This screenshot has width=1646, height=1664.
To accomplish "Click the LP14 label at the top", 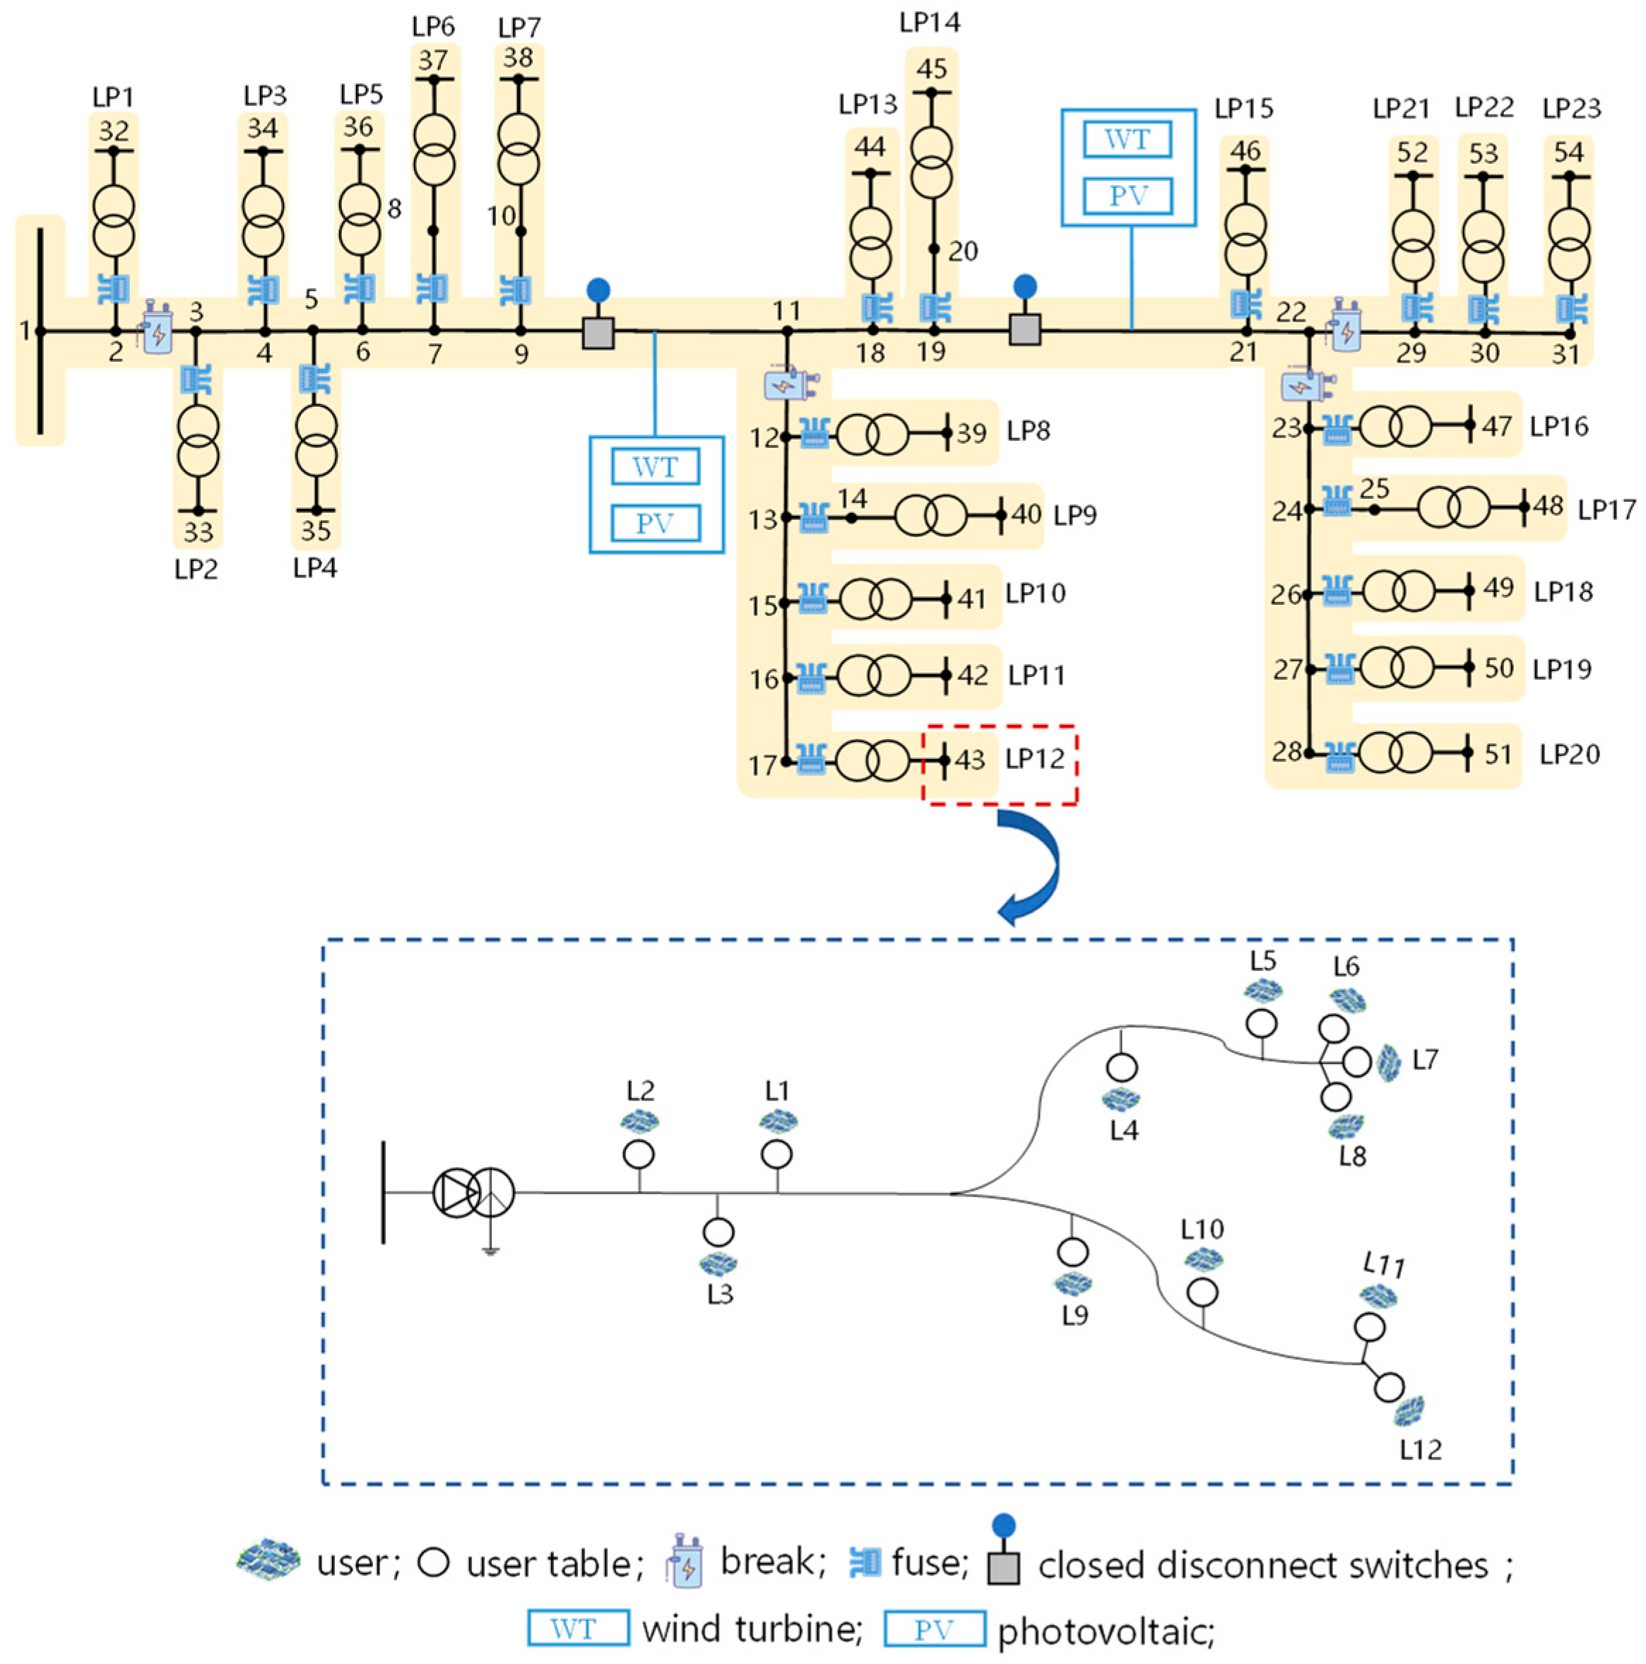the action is [930, 23].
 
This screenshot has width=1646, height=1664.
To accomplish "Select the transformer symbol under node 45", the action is [932, 164].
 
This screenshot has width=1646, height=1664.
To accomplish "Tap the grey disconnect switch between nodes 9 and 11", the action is [598, 333].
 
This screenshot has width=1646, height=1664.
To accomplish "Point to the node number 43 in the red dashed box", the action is [970, 760].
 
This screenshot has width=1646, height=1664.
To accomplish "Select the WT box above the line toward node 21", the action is [1127, 139].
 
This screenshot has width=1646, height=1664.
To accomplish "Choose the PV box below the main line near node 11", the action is [656, 523].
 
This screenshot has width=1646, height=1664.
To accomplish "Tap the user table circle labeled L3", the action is [718, 1232].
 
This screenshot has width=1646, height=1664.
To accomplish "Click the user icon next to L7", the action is [1387, 1063].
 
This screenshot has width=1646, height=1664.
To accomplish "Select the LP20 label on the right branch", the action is [1569, 755].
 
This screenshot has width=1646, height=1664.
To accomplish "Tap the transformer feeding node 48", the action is [1453, 508].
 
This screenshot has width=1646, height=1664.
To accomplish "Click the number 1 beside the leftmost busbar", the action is [25, 330].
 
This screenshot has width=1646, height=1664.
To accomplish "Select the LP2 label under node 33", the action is [196, 570].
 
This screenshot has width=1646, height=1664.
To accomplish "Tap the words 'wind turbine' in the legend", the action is [752, 1629].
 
